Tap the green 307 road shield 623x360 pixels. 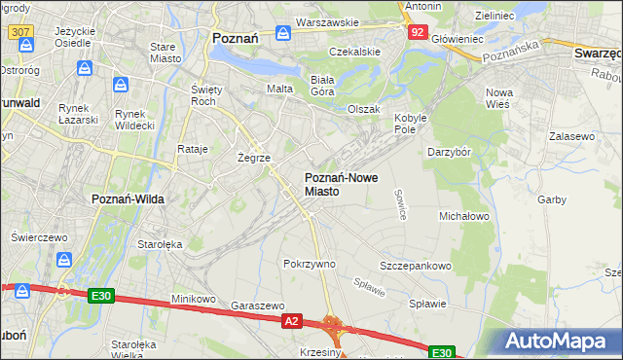pyautogui.click(x=19, y=32)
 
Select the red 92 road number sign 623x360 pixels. pyautogui.click(x=417, y=32)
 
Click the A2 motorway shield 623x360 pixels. pyautogui.click(x=291, y=319)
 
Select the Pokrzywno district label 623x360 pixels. pyautogui.click(x=309, y=264)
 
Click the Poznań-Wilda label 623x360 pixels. pyautogui.click(x=128, y=198)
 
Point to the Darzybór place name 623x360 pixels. pyautogui.click(x=449, y=152)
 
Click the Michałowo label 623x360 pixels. pyautogui.click(x=463, y=215)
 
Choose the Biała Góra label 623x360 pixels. pyautogui.click(x=322, y=85)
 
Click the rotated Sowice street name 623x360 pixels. pyautogui.click(x=400, y=204)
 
